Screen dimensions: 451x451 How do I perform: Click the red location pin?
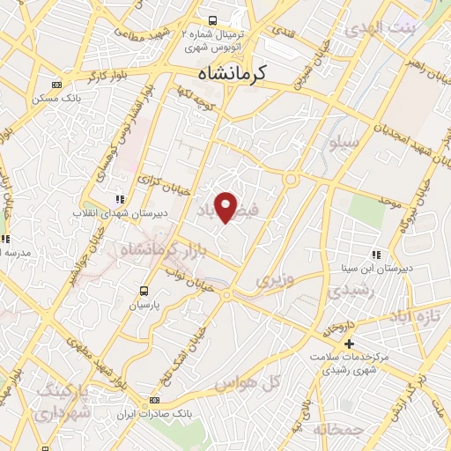coord(226,207)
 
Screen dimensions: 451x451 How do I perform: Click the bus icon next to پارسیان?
coord(144,290)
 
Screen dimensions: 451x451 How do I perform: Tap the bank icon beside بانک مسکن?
coord(56,85)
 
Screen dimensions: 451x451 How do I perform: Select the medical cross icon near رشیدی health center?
coord(350,343)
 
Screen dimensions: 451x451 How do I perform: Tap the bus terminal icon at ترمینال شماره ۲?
coord(211,19)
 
